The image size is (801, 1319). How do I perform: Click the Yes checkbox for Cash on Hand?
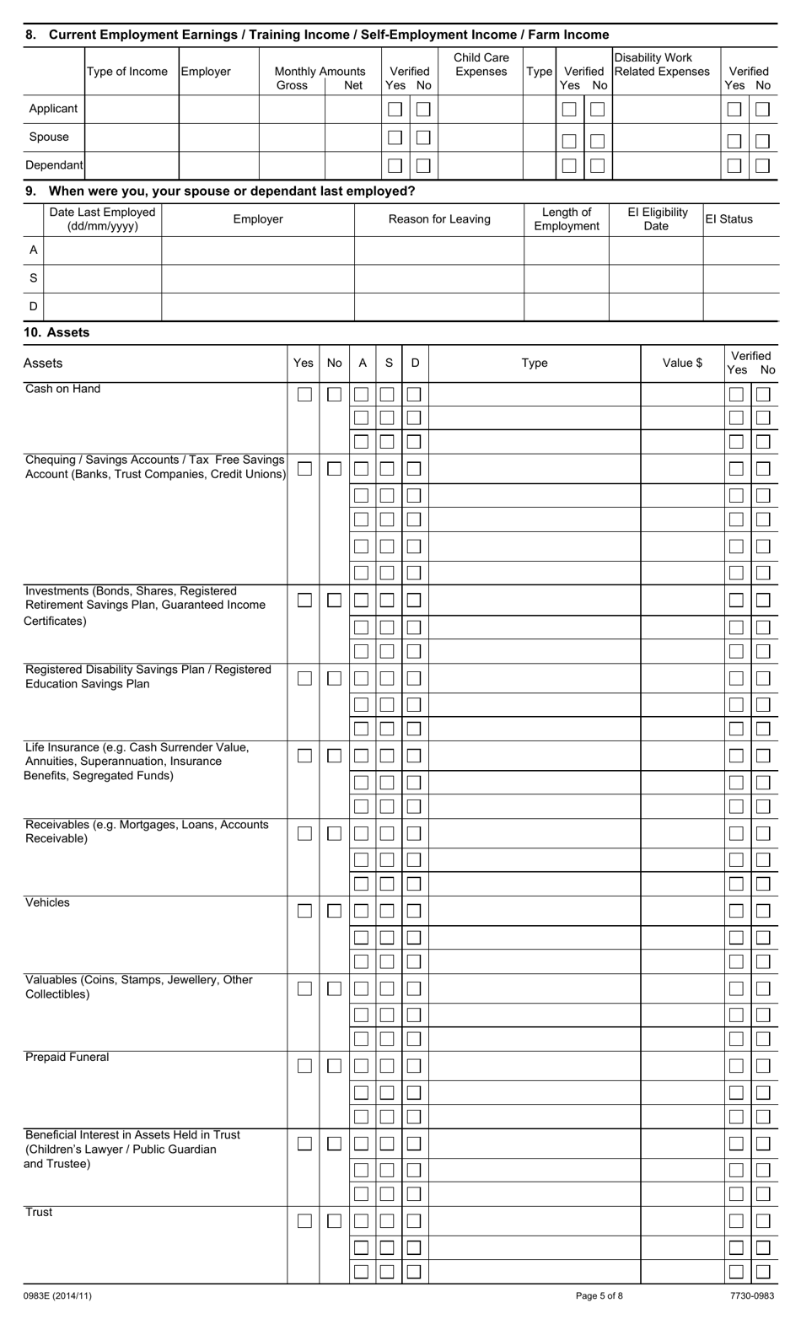304,395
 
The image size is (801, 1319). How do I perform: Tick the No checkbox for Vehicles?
334,911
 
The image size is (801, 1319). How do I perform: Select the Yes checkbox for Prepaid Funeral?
304,1066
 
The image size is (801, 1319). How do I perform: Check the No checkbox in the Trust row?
334,1221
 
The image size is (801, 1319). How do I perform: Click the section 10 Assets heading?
56,332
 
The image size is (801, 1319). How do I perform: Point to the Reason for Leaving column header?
438,219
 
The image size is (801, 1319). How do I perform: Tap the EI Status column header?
728,219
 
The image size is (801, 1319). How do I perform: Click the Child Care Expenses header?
481,65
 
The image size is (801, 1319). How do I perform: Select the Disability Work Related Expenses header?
662,65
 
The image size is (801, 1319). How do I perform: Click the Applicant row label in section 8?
53,109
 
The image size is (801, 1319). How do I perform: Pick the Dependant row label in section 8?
54,165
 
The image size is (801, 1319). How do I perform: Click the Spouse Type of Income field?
132,137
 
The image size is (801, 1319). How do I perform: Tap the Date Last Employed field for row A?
102,250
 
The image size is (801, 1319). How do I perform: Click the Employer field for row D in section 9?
257,307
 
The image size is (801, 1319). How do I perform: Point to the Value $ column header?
682,363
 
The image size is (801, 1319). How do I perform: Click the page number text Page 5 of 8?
599,1296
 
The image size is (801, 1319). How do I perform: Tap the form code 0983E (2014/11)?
57,1296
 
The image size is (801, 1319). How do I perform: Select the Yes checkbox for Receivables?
304,833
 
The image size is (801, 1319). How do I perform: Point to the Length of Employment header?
566,219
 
